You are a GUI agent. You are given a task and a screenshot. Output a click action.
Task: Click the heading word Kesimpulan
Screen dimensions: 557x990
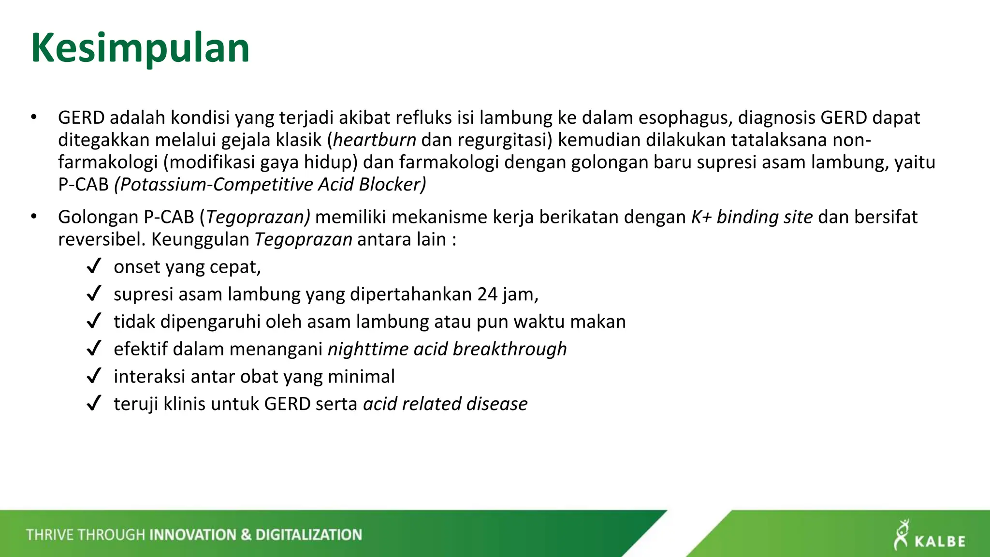(x=140, y=48)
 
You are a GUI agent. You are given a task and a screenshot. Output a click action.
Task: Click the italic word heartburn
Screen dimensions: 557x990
(x=375, y=140)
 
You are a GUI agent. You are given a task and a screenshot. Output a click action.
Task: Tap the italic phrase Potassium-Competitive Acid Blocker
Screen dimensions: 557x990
(x=270, y=184)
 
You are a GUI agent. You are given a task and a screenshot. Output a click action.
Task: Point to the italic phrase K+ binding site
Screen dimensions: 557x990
(x=752, y=217)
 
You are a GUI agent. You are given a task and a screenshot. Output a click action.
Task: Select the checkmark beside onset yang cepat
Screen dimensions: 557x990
(x=94, y=266)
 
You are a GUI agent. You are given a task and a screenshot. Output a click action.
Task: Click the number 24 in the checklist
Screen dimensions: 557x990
(x=487, y=294)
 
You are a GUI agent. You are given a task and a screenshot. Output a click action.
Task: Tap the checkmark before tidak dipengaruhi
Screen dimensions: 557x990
(x=94, y=321)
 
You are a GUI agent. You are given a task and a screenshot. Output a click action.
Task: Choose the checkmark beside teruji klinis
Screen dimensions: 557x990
(x=94, y=403)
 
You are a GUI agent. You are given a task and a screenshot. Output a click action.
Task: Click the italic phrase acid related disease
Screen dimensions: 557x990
(x=445, y=404)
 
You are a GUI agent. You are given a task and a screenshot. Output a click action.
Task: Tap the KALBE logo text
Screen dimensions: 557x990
(x=940, y=541)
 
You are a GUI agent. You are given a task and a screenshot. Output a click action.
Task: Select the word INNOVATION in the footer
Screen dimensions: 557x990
(x=192, y=535)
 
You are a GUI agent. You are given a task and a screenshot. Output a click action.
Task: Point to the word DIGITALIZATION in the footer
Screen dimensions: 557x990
(x=308, y=535)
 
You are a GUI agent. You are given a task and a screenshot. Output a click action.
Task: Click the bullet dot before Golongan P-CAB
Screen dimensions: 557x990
(x=33, y=217)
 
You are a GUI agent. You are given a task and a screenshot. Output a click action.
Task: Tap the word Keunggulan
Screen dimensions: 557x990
(x=200, y=239)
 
